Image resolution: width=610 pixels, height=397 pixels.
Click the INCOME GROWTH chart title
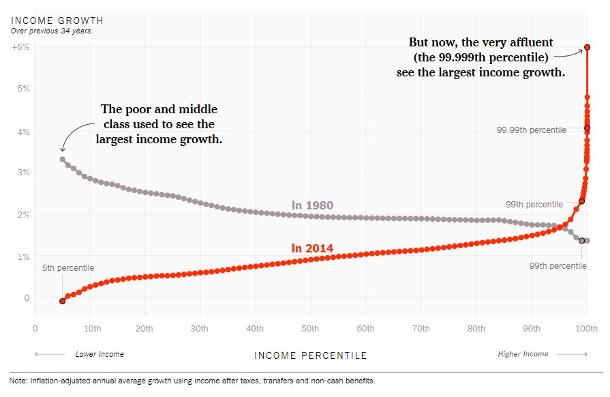pos(57,20)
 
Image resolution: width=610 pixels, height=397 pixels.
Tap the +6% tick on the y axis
pos(20,46)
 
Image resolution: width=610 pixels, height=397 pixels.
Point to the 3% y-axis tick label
pos(23,173)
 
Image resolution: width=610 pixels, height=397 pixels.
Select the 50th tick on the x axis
pos(310,329)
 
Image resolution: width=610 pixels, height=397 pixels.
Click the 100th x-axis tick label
pos(586,329)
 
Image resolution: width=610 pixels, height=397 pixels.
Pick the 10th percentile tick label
pos(92,329)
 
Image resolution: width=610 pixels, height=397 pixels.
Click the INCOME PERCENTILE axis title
pos(310,355)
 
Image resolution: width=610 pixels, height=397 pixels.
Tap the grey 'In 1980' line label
pos(312,205)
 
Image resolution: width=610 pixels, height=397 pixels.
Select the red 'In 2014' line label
pos(312,248)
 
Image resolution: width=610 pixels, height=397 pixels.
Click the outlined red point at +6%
pos(588,47)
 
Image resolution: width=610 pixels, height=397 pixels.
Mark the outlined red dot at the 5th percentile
pos(62,301)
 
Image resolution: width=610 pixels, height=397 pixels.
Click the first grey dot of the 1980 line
pos(62,159)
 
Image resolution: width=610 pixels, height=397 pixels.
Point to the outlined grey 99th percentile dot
pos(581,241)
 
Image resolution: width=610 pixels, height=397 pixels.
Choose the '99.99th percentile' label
pos(532,130)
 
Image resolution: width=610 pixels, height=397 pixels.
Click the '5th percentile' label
pos(68,268)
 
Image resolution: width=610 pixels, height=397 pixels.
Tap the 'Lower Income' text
pos(100,354)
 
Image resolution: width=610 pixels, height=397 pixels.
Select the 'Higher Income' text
pos(523,354)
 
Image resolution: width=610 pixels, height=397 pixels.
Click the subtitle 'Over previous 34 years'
pos(51,31)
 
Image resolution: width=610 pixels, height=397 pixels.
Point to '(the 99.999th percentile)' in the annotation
pos(481,57)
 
